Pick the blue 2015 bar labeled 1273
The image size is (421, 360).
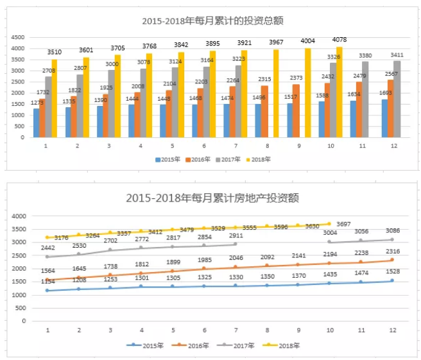click(x=37, y=123)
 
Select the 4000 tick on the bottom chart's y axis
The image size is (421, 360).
click(x=17, y=216)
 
